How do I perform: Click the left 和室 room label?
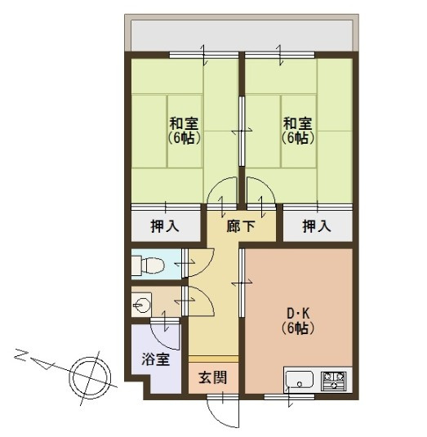185,123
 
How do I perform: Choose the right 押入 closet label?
316,225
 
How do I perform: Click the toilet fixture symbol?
147,265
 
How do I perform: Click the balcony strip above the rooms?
241,33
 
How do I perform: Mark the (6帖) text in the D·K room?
299,329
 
